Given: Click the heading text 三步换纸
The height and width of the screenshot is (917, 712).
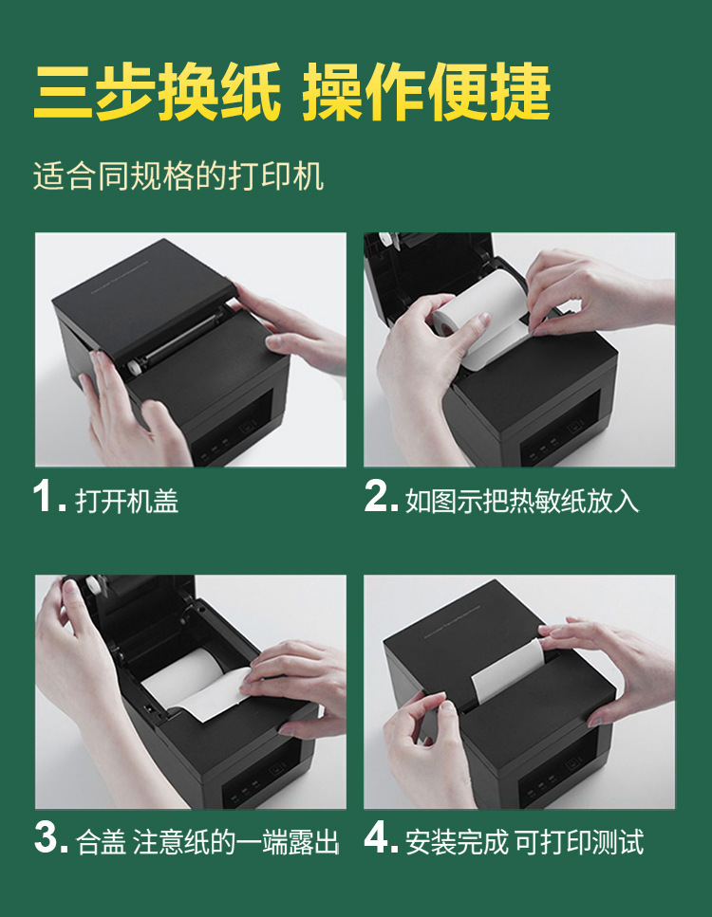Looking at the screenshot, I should (157, 93).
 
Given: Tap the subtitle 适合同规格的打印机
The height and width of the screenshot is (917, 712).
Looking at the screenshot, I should (178, 177).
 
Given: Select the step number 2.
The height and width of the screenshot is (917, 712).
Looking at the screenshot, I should (378, 497).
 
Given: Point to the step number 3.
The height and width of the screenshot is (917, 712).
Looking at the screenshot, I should (47, 838).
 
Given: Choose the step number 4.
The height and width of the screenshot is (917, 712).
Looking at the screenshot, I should (379, 838).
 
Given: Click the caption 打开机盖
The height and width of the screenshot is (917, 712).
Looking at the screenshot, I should (127, 500).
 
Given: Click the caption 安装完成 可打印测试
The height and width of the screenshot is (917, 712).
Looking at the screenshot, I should (524, 841).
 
